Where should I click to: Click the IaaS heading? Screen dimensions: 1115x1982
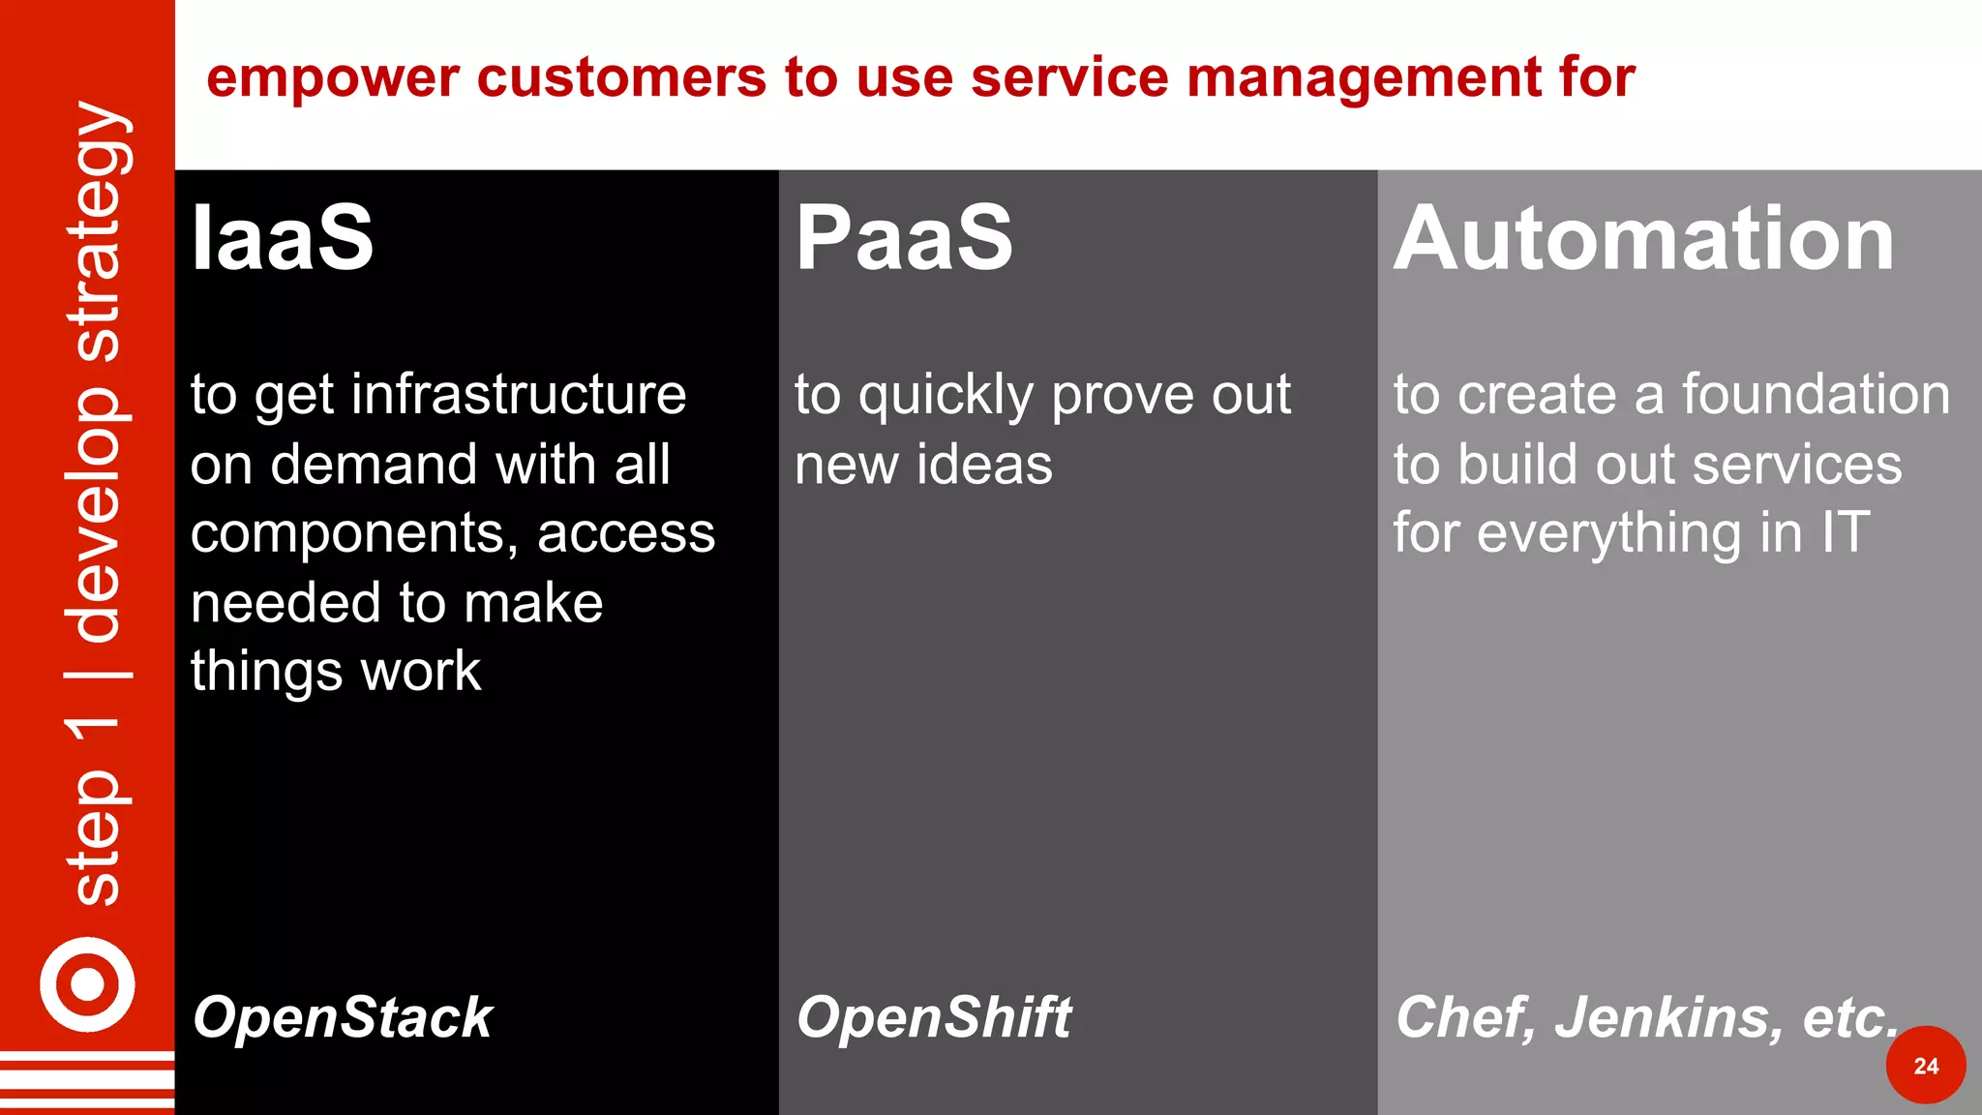pos(282,238)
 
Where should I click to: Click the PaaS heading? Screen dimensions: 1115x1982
pos(904,238)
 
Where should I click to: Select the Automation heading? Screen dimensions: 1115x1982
pos(1643,238)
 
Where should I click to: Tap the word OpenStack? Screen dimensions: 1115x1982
pos(343,1017)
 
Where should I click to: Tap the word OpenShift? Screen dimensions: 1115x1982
pos(934,1017)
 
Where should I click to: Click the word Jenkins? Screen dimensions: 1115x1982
pos(1668,1017)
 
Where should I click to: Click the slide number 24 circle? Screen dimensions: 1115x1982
pos(1925,1066)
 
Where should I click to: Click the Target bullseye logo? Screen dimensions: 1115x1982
pos(87,984)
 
